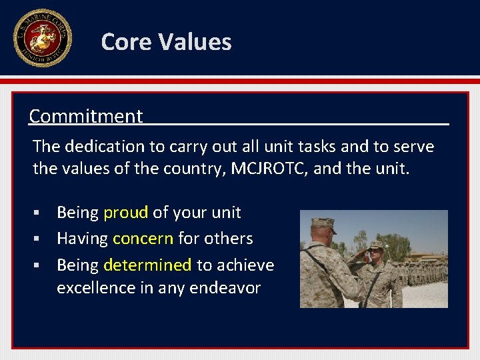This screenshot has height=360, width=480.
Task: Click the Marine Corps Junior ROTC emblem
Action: click(x=41, y=37)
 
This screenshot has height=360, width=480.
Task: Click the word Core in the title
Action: click(x=122, y=42)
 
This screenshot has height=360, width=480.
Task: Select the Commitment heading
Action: click(x=86, y=116)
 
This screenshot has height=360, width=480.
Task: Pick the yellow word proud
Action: click(x=125, y=213)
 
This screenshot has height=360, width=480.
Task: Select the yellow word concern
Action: click(x=143, y=239)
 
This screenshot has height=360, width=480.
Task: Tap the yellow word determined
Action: click(x=147, y=265)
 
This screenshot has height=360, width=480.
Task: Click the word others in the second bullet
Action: click(x=230, y=239)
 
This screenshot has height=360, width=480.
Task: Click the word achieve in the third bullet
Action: click(x=245, y=265)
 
